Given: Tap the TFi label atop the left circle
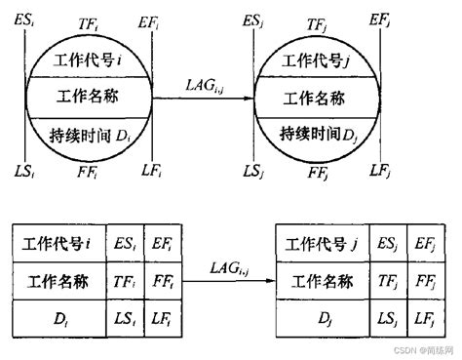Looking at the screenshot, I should coord(90,20).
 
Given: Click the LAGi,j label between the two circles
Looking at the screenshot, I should coord(205,87).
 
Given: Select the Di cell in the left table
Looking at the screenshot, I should coord(61,319).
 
